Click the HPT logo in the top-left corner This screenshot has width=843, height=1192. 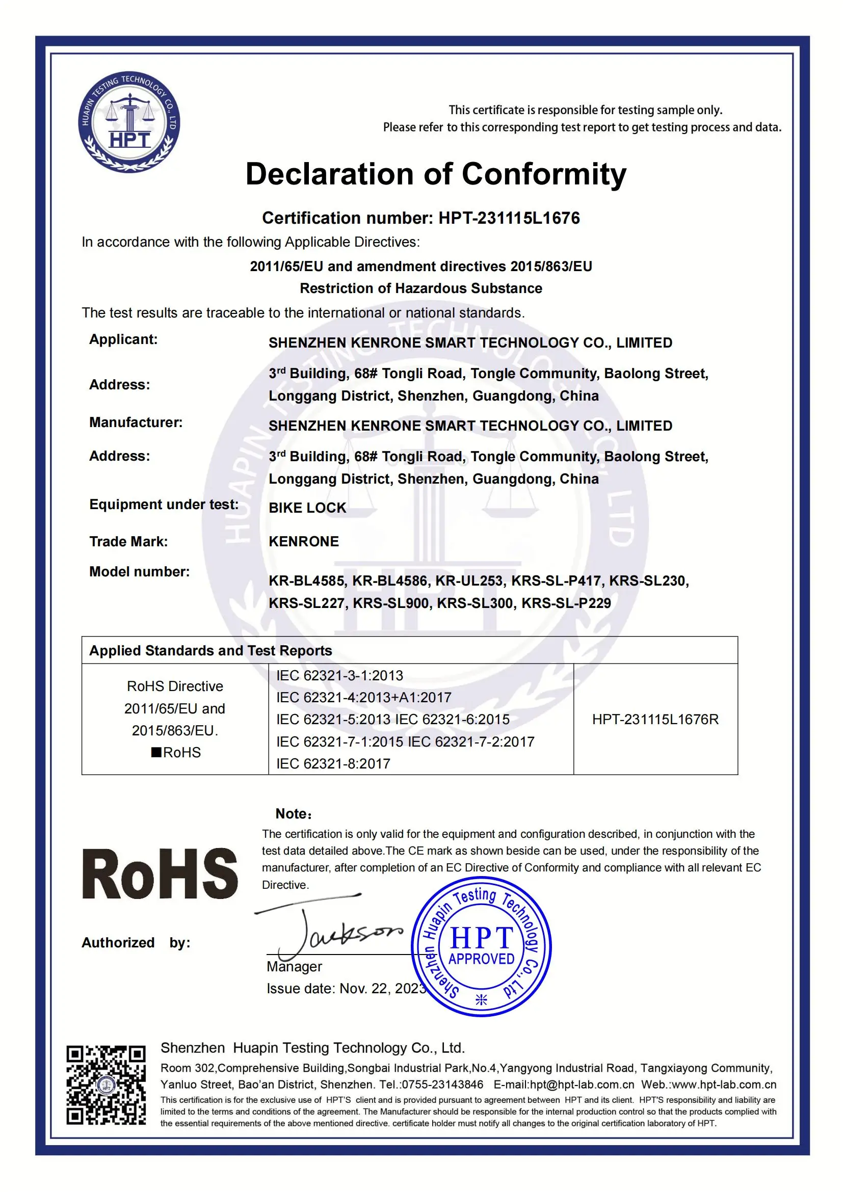click(129, 122)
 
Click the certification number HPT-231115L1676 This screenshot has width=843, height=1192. click(509, 218)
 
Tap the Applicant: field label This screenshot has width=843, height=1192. click(123, 339)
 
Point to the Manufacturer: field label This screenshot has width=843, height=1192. click(136, 422)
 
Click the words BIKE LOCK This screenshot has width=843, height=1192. click(307, 508)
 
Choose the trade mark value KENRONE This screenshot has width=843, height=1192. click(303, 542)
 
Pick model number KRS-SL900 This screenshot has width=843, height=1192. click(391, 603)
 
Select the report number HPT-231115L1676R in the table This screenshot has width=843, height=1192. click(655, 720)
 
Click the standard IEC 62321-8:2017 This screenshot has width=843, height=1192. click(333, 764)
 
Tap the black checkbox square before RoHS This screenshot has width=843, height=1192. click(156, 752)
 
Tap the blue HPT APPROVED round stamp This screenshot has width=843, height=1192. click(481, 946)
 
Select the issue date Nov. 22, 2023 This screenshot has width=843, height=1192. click(382, 989)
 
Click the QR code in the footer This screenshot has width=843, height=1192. click(106, 1085)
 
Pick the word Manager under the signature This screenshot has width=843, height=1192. click(294, 967)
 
